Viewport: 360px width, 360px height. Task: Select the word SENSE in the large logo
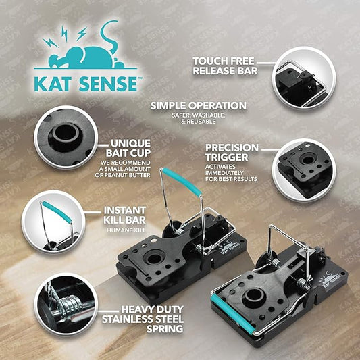click(108, 84)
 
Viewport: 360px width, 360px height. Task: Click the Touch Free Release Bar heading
click(225, 66)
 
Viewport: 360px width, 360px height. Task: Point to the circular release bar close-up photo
click(304, 78)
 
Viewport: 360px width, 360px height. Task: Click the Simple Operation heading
click(199, 106)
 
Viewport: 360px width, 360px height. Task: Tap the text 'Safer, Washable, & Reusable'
click(199, 118)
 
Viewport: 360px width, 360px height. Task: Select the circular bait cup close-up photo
click(66, 137)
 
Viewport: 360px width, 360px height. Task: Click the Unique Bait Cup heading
click(128, 148)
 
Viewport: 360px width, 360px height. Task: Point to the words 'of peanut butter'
click(123, 175)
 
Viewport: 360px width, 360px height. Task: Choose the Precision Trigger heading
click(232, 153)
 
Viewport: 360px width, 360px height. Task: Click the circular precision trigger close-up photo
click(304, 170)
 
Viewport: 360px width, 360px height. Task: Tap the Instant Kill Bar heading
click(125, 215)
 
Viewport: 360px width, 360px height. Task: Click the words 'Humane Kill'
click(126, 230)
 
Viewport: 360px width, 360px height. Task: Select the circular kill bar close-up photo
click(53, 222)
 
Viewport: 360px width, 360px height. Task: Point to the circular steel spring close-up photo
click(66, 304)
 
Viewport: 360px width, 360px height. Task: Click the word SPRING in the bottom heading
click(165, 329)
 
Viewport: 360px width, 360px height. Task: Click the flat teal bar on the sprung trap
click(232, 314)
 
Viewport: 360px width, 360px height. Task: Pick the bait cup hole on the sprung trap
click(254, 295)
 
